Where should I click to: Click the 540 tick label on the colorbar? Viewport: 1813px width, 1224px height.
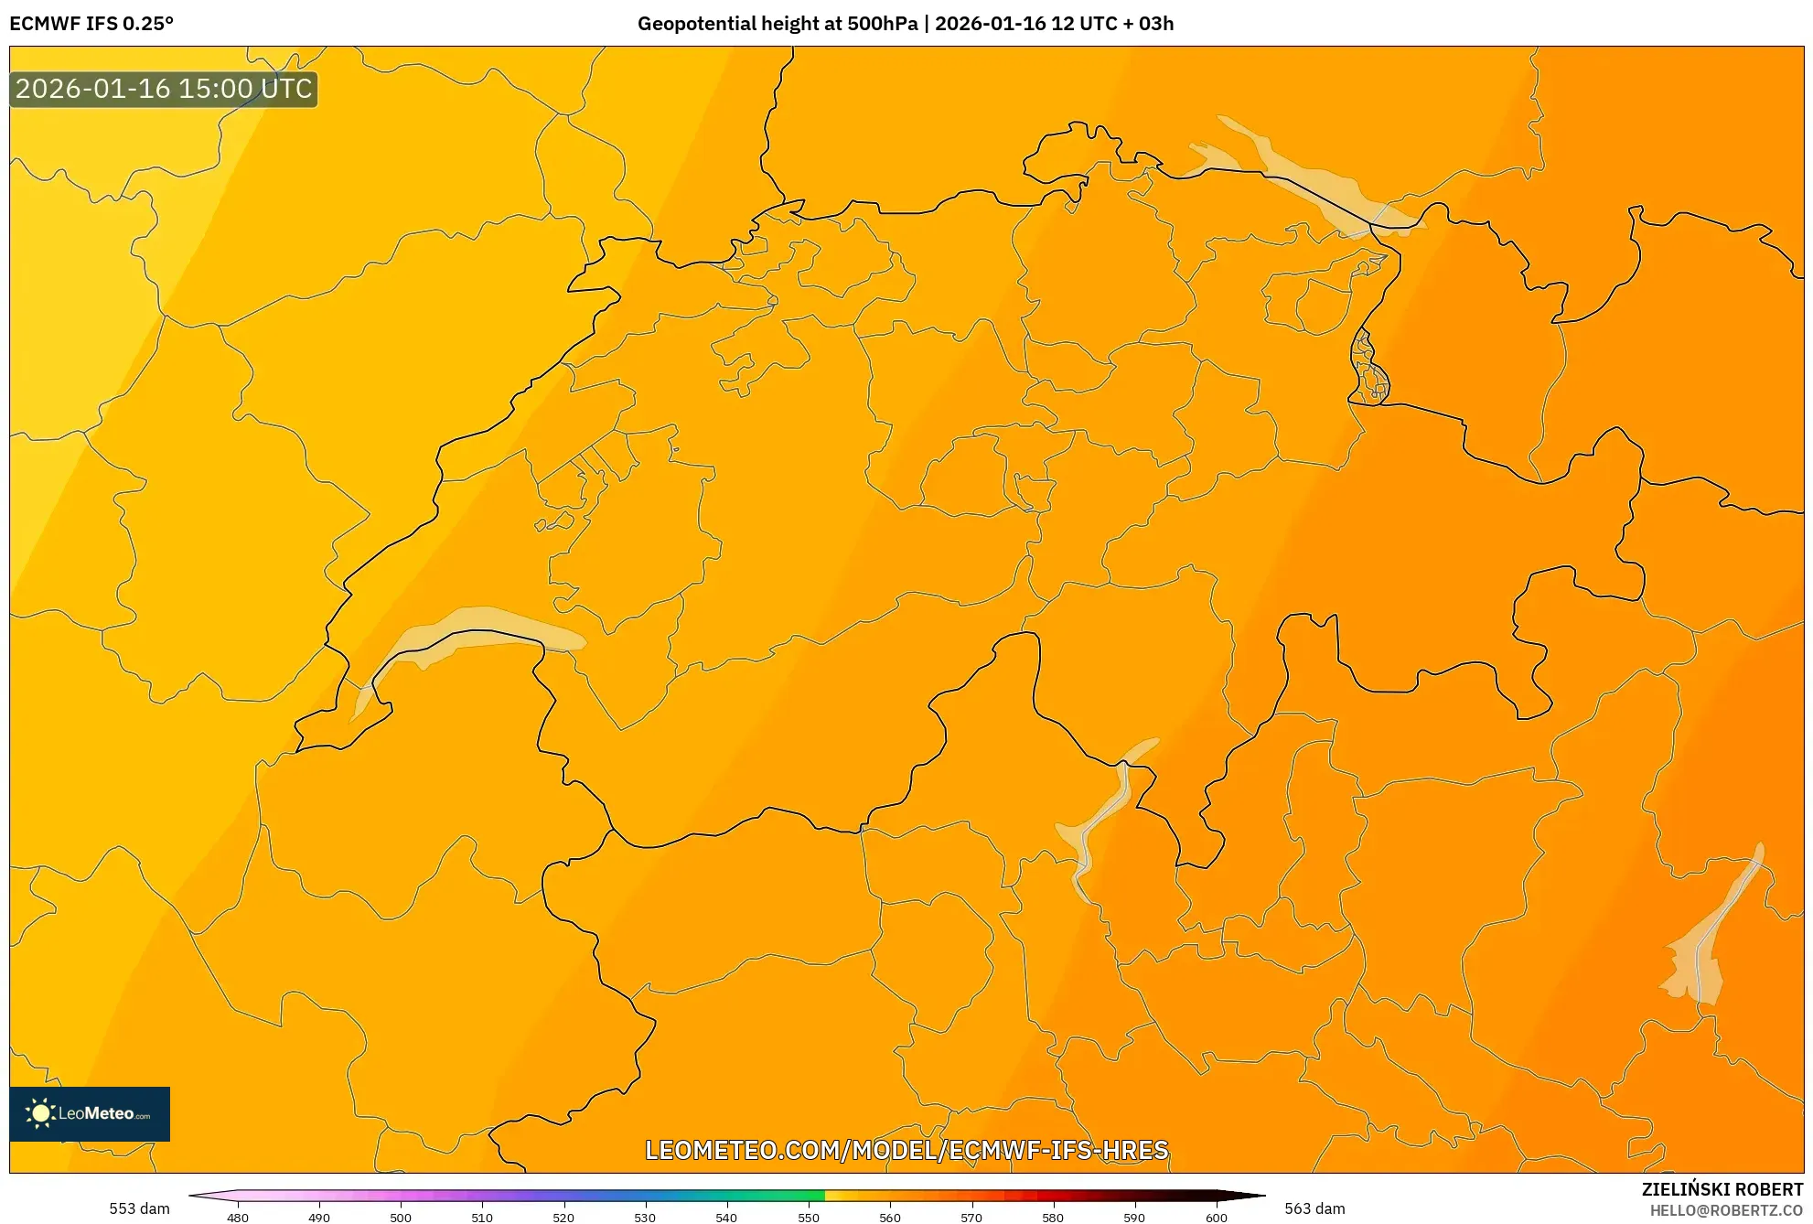(726, 1218)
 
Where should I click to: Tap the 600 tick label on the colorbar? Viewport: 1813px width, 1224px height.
(1216, 1218)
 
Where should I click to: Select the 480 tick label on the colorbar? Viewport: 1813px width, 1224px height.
(238, 1218)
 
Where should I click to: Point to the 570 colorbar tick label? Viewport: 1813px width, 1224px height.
(971, 1218)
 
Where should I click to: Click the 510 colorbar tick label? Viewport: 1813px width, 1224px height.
(482, 1218)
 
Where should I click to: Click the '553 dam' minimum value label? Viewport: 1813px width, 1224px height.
(139, 1208)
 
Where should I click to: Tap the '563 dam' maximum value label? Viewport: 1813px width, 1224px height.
(1314, 1208)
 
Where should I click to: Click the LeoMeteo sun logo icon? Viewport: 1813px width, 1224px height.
(40, 1113)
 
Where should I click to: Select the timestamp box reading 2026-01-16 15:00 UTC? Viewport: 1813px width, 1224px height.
(164, 89)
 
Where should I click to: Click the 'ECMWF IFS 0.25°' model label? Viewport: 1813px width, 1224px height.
(91, 24)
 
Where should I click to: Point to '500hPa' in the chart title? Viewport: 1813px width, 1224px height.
(882, 24)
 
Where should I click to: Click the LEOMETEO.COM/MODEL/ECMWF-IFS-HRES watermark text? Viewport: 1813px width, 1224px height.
(906, 1150)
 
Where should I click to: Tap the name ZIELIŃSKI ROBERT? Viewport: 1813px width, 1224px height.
(1722, 1189)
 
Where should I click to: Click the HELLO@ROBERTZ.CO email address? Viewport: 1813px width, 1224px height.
(1726, 1210)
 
